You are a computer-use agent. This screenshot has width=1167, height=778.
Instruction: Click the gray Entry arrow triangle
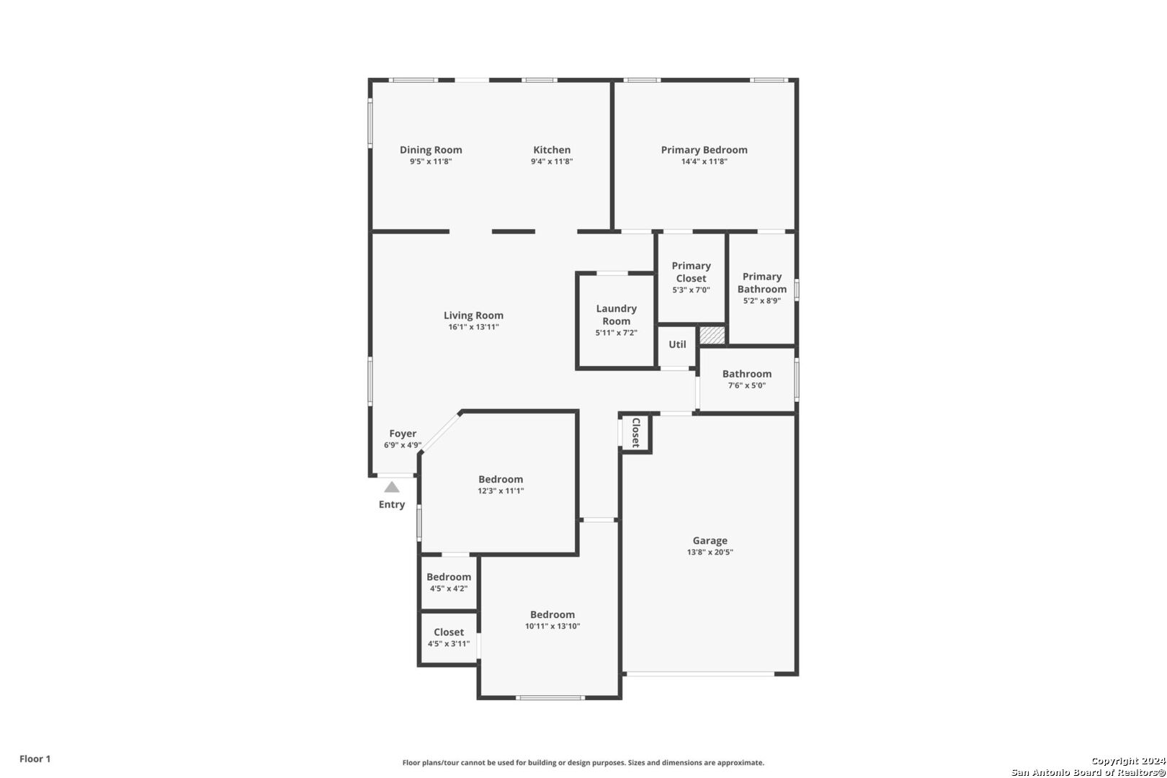(392, 487)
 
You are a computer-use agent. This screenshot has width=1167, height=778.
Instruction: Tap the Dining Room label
(431, 150)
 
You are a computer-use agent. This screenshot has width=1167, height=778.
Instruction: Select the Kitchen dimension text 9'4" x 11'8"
(552, 161)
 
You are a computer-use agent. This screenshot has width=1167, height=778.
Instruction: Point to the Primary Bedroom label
(704, 150)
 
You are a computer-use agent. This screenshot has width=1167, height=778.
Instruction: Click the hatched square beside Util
(712, 335)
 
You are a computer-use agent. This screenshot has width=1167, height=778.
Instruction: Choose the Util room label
(677, 344)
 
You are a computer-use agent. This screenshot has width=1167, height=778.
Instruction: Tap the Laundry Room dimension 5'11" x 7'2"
(617, 333)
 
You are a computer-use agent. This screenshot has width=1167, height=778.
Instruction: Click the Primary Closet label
(691, 272)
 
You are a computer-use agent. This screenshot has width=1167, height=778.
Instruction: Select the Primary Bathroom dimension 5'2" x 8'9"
(761, 300)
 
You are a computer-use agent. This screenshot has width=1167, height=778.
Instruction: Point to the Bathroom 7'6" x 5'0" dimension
(746, 385)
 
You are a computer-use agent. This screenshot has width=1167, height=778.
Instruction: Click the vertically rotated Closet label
(635, 432)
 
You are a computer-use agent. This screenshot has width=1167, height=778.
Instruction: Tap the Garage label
(710, 541)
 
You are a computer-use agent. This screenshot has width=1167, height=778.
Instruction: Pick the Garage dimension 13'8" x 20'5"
(710, 553)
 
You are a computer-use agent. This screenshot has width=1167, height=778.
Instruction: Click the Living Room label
(473, 316)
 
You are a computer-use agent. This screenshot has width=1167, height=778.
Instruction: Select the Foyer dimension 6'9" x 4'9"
(403, 445)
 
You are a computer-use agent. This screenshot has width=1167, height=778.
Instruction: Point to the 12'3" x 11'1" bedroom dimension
(501, 491)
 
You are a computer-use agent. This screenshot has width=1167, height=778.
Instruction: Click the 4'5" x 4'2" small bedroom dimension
(449, 589)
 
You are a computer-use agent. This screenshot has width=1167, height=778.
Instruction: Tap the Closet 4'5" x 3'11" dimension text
(449, 644)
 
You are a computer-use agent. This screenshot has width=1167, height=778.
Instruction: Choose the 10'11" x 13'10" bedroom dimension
(553, 626)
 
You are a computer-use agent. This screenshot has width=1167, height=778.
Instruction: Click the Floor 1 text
(35, 759)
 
